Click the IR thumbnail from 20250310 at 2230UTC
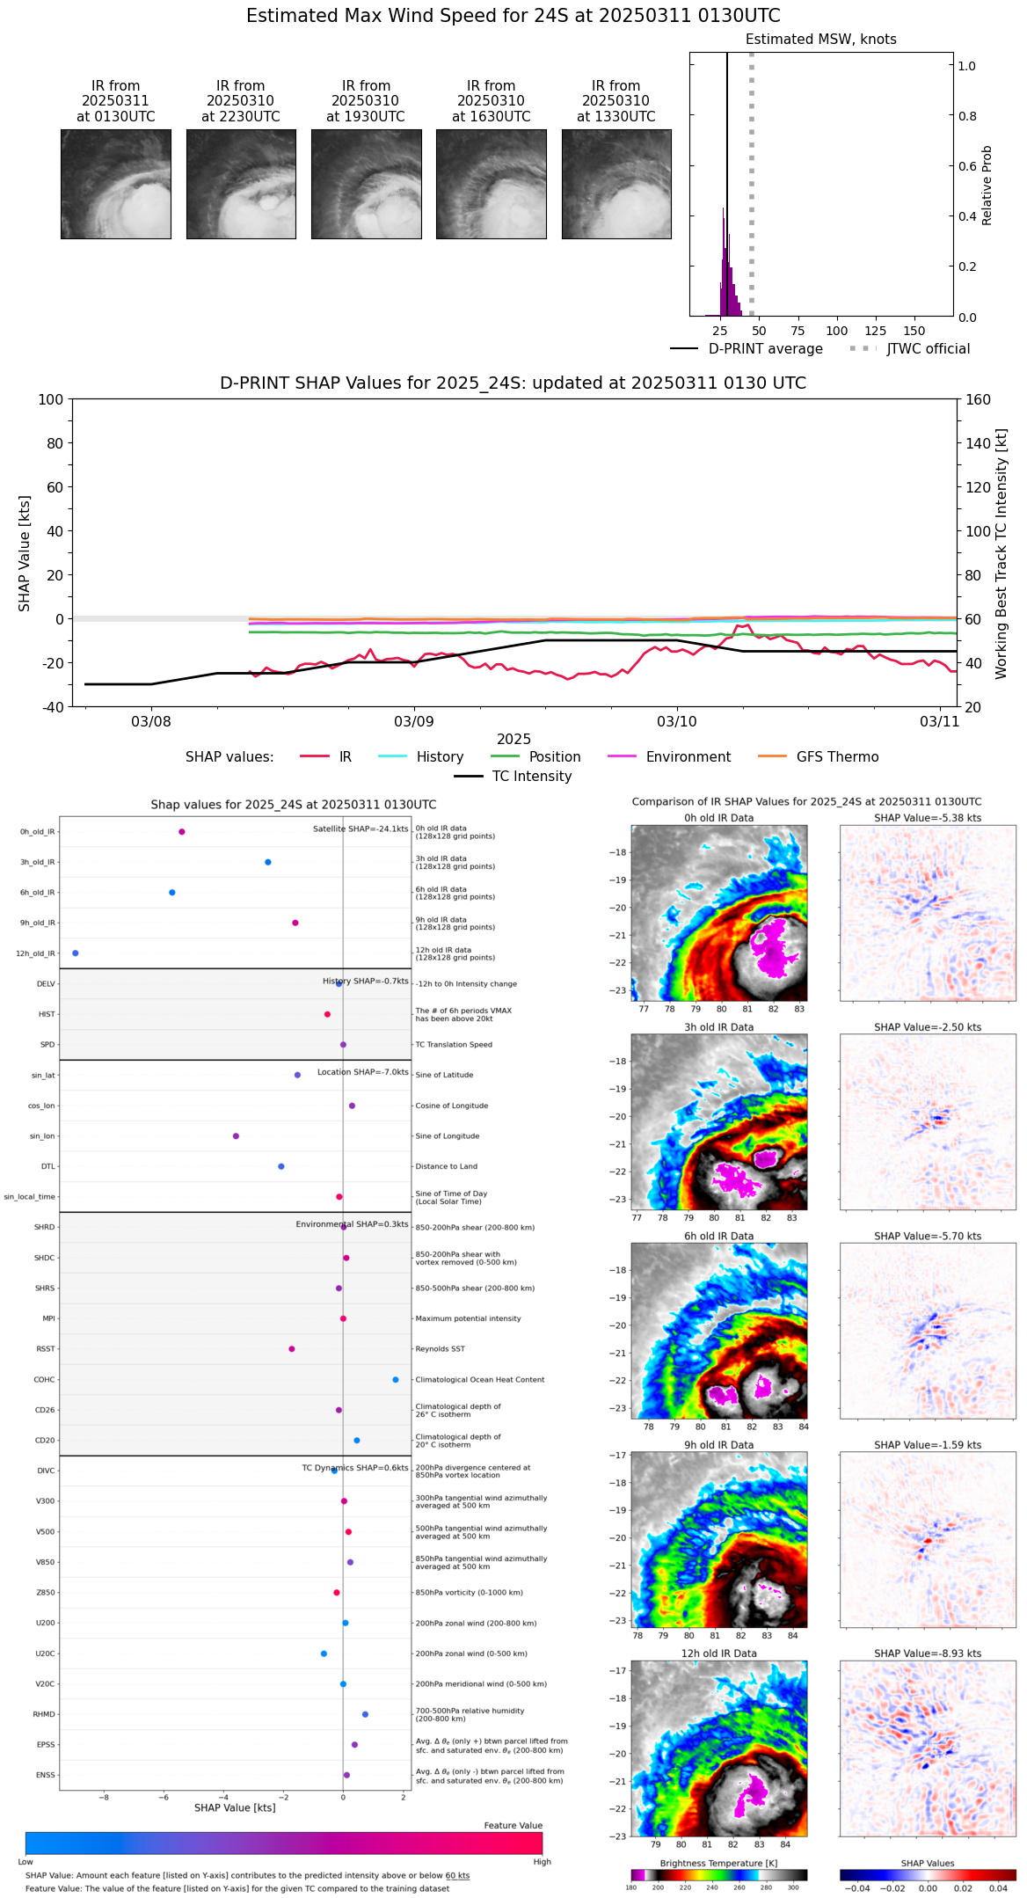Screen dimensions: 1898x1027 coord(241,184)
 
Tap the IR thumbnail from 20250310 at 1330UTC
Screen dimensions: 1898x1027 coord(616,184)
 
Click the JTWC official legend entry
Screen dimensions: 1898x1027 coord(928,349)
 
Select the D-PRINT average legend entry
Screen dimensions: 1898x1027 coord(765,349)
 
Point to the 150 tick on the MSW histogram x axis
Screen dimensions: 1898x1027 coord(914,331)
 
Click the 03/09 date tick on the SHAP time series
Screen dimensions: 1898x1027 coord(414,722)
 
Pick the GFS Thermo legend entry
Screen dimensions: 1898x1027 coord(837,757)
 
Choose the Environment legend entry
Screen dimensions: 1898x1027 coord(688,757)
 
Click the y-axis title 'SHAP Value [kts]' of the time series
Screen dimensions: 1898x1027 coord(25,553)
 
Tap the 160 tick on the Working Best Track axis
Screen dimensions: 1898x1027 coord(979,400)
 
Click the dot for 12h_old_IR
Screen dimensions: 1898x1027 coord(76,953)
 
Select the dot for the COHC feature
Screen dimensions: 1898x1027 coord(396,1379)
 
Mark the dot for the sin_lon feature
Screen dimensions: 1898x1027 coord(236,1136)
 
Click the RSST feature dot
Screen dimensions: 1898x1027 coord(292,1349)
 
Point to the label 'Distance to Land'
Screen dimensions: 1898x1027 coord(446,1167)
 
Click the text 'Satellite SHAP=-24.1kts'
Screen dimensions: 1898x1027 coord(361,829)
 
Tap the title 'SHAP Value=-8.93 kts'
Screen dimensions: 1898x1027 coord(928,1653)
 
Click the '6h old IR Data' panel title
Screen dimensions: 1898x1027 coord(718,1236)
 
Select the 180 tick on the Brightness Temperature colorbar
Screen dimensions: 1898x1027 coord(631,1887)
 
